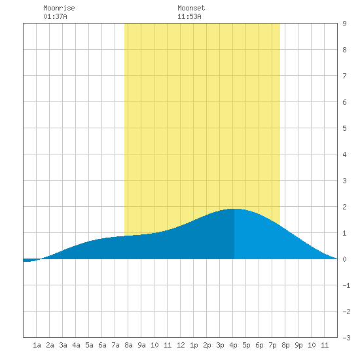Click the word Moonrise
(59, 8)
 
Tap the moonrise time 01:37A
(55, 16)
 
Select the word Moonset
(191, 8)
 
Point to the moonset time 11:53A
(189, 16)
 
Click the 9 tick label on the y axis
(344, 24)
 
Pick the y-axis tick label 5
(344, 128)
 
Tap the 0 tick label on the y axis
(344, 259)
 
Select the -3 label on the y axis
(346, 338)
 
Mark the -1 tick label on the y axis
(346, 285)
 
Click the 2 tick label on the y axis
(344, 207)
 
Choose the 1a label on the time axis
(37, 345)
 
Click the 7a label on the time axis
(115, 345)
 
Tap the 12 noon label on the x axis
(181, 345)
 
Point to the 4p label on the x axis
(233, 345)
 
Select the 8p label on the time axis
(285, 345)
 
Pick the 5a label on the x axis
(89, 345)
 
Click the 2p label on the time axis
(207, 345)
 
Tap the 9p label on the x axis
(298, 345)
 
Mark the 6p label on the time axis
(259, 345)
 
